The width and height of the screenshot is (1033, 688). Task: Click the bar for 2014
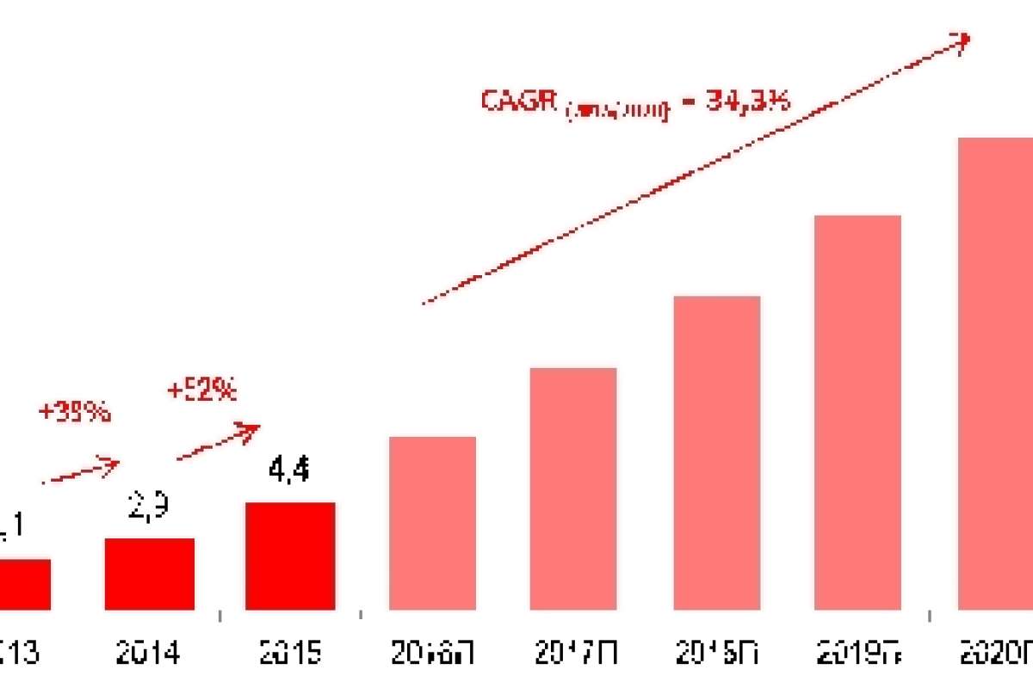[x=150, y=574]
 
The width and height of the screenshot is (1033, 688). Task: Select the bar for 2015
[x=290, y=556]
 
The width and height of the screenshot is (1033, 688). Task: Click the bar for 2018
[x=717, y=452]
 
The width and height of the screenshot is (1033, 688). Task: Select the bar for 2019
[x=857, y=412]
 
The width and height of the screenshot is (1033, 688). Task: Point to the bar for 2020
[x=995, y=373]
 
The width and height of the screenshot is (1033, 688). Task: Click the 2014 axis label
[x=149, y=654]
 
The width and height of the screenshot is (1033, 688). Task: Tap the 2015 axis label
[x=289, y=654]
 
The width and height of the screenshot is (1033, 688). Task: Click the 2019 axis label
[x=857, y=654]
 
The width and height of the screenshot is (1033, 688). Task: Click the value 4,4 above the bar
[x=289, y=470]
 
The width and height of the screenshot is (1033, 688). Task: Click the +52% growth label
[x=201, y=390]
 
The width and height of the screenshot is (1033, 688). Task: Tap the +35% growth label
[x=75, y=412]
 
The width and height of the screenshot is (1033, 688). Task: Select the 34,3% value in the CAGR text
[x=747, y=101]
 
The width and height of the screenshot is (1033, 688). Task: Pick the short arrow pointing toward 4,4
[x=219, y=440]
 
